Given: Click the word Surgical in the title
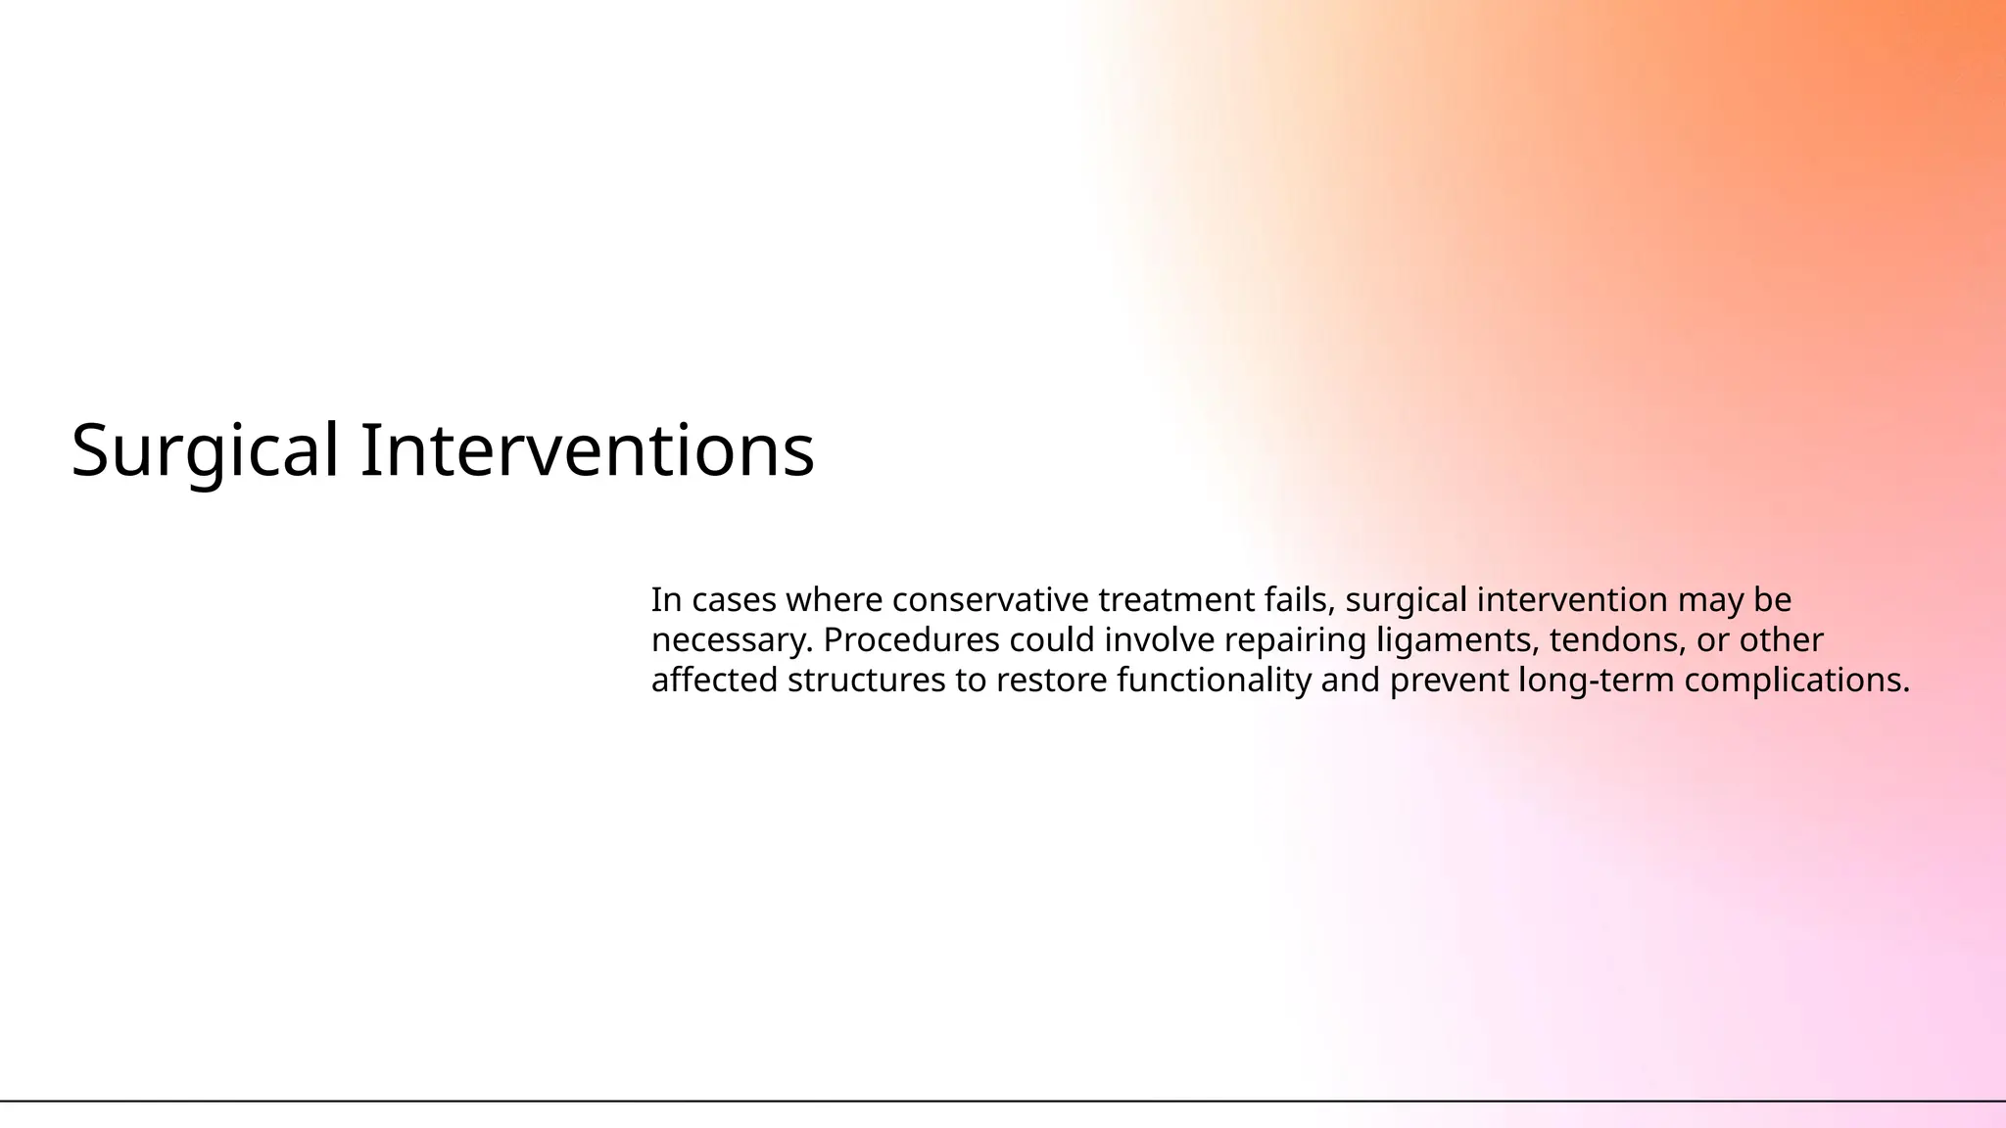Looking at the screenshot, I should click(205, 451).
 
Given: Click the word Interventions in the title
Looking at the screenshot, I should click(587, 451).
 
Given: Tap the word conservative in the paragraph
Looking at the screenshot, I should click(990, 599).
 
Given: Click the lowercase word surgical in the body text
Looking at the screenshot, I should click(1406, 599).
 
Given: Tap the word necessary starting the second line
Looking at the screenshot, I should click(732, 640).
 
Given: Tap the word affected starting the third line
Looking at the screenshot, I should click(714, 680).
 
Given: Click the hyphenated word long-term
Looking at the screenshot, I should click(1596, 680).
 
